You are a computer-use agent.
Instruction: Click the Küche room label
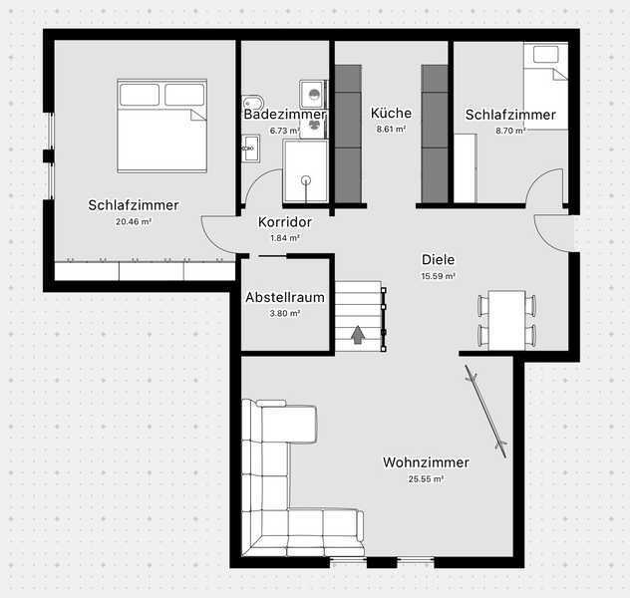[x=391, y=113]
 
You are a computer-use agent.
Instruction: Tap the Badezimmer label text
[x=284, y=114]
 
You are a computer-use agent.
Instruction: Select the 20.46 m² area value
[x=134, y=221]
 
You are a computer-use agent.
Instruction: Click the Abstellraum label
[x=285, y=297]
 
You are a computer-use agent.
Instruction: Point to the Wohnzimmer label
[x=426, y=462]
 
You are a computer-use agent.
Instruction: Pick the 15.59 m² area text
[x=438, y=276]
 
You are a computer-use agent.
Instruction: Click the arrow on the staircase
[x=358, y=335]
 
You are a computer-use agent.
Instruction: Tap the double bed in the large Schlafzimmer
[x=161, y=127]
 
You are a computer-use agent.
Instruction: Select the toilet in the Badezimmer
[x=253, y=102]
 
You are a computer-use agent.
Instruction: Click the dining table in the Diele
[x=507, y=320]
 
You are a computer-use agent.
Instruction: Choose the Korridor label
[x=285, y=222]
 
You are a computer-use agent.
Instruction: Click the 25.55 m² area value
[x=426, y=479]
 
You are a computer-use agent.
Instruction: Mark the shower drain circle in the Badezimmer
[x=306, y=180]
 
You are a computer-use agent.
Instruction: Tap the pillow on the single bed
[x=545, y=54]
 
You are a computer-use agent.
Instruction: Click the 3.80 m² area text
[x=285, y=313]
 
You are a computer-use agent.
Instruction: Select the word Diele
[x=438, y=259]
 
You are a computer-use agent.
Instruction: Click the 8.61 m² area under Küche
[x=391, y=130]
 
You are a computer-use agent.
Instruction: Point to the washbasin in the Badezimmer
[x=251, y=149]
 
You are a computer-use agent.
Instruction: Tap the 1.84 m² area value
[x=285, y=238]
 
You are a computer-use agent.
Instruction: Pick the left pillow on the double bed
[x=140, y=95]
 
